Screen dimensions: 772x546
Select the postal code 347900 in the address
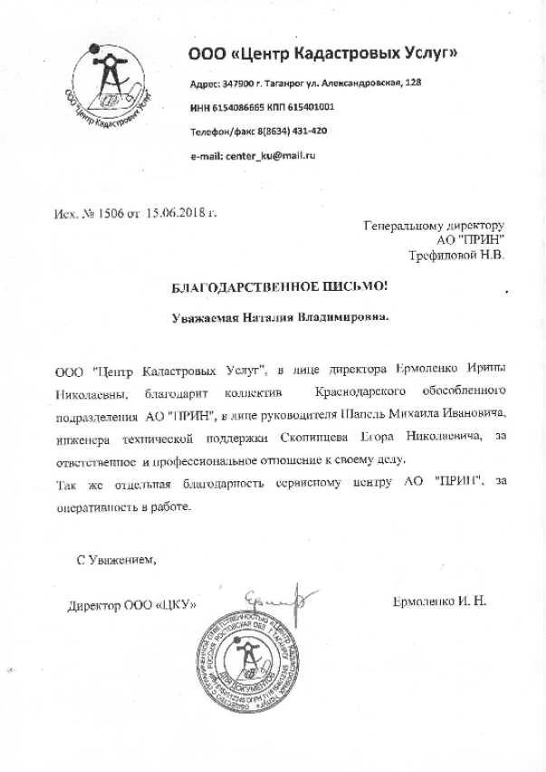[239, 83]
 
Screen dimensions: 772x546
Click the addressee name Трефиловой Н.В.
[458, 256]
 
